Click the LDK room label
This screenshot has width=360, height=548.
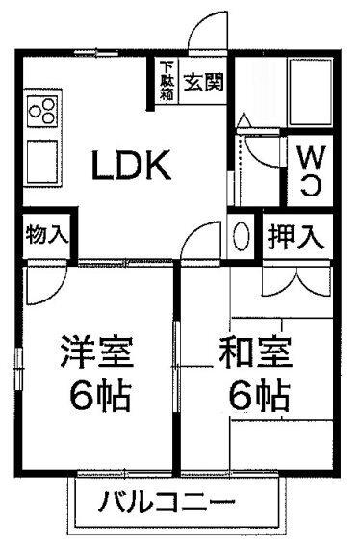(131, 168)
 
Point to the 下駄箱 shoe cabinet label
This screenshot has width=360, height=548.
(167, 82)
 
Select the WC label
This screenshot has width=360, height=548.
(308, 170)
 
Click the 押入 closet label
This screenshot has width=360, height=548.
(294, 234)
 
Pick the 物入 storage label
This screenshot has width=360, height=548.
(45, 235)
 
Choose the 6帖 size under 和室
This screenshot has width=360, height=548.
(257, 394)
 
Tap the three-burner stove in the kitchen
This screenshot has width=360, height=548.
(42, 115)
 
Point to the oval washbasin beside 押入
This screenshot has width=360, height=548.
(244, 235)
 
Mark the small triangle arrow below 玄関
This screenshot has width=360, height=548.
(243, 120)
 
